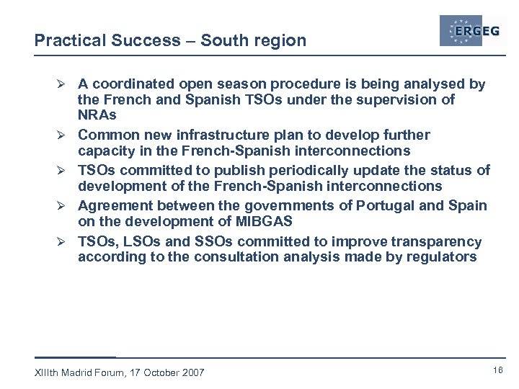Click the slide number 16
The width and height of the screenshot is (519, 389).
pyautogui.click(x=497, y=370)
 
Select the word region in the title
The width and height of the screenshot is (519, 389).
pyautogui.click(x=281, y=41)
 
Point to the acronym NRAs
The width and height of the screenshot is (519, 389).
pyautogui.click(x=97, y=115)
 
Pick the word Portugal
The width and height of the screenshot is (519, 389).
pyautogui.click(x=386, y=206)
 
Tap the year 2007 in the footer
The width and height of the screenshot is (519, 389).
pyautogui.click(x=192, y=372)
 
